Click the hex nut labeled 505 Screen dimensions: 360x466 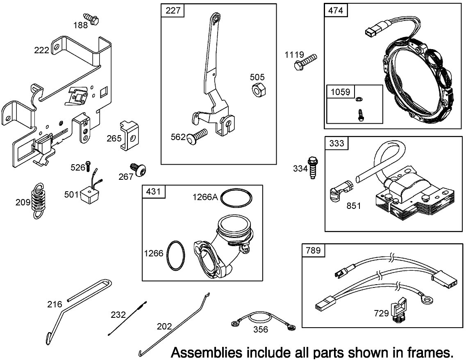tap(258, 89)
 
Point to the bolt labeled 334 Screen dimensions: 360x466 tap(314, 168)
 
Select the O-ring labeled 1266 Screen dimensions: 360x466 tap(177, 255)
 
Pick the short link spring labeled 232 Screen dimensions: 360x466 tap(127, 318)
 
